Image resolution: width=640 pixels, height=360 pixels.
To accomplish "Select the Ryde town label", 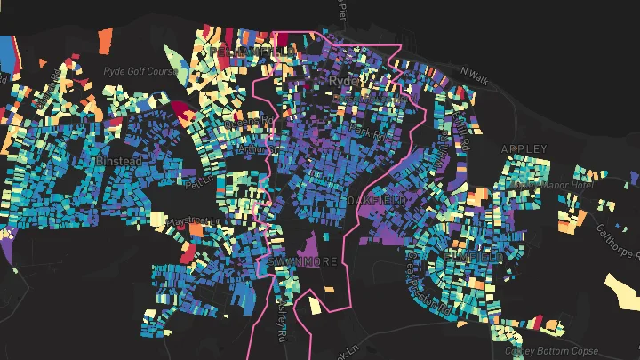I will [342, 80].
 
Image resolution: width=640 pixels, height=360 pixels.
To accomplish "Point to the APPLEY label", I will [520, 148].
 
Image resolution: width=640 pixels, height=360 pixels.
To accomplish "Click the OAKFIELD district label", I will [377, 202].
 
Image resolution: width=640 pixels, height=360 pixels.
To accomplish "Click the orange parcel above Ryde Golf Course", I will [105, 40].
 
